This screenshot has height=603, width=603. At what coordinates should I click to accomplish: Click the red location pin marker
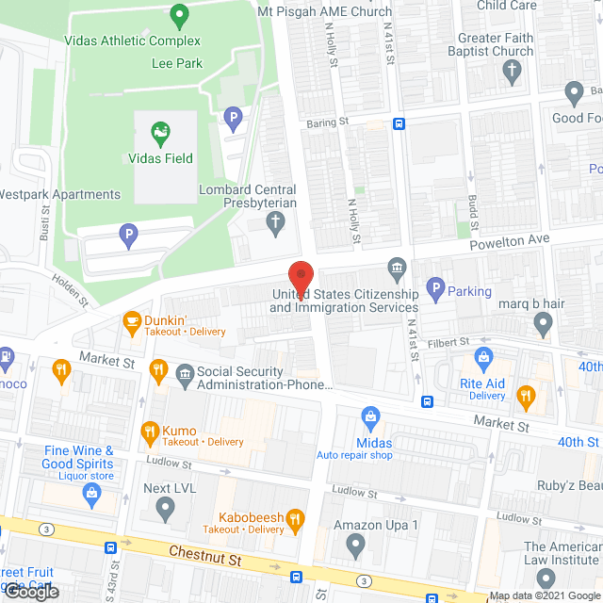pyautogui.click(x=301, y=275)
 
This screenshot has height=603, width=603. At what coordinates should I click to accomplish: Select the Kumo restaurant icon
pyautogui.click(x=148, y=432)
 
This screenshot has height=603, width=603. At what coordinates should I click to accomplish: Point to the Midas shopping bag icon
pyautogui.click(x=370, y=416)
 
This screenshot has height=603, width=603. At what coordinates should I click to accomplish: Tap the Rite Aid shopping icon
pyautogui.click(x=484, y=357)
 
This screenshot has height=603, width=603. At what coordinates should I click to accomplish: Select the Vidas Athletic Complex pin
pyautogui.click(x=178, y=15)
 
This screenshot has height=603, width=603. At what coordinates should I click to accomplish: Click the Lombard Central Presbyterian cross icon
pyautogui.click(x=275, y=223)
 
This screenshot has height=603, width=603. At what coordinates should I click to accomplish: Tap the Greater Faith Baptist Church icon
pyautogui.click(x=513, y=71)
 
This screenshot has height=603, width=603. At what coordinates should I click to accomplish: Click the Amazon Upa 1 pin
pyautogui.click(x=355, y=544)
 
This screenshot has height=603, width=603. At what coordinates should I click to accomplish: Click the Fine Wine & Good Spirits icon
pyautogui.click(x=91, y=492)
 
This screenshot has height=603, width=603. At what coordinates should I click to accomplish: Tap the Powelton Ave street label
pyautogui.click(x=509, y=239)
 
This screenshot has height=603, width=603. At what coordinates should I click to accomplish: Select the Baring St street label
pyautogui.click(x=329, y=122)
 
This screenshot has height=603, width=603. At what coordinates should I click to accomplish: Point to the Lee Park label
pyautogui.click(x=176, y=63)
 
